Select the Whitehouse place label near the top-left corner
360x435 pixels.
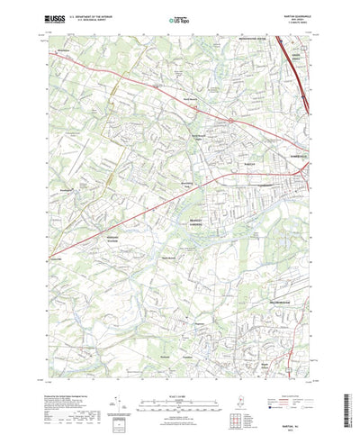tap(62, 53)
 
